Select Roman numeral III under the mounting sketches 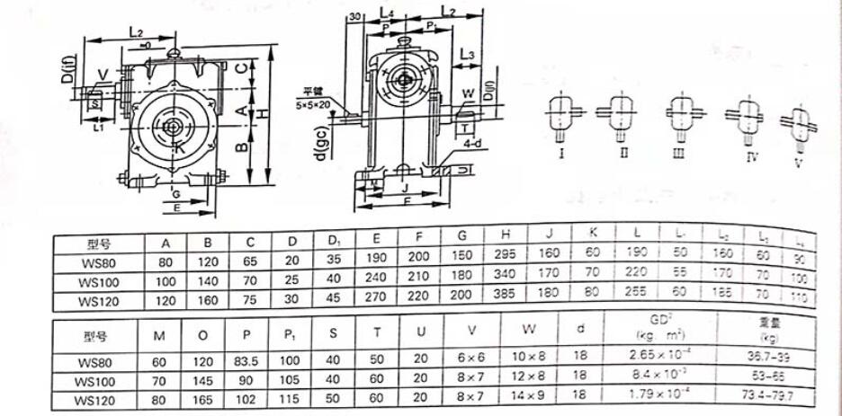click(679, 154)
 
